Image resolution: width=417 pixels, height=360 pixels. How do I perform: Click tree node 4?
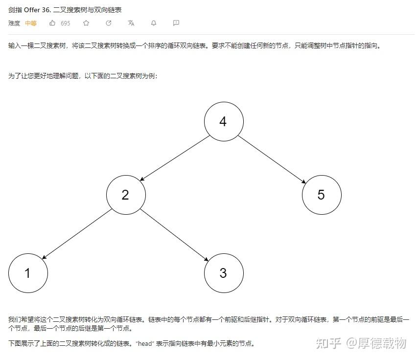(x=223, y=121)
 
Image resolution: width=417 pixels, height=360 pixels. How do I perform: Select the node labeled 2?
(x=126, y=195)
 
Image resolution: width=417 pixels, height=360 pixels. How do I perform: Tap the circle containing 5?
(x=321, y=195)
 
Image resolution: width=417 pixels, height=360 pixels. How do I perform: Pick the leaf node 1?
(x=28, y=273)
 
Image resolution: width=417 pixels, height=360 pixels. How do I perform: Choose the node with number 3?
(x=223, y=273)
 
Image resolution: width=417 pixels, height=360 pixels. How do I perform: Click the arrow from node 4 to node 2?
(x=174, y=158)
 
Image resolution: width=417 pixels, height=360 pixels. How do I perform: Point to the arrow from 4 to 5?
(x=272, y=158)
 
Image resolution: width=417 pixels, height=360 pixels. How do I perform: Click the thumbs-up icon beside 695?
(x=52, y=23)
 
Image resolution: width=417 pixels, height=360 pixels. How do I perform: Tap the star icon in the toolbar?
(x=86, y=23)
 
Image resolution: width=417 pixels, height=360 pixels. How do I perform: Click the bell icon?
(x=154, y=23)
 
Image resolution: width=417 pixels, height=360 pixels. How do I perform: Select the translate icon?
(x=131, y=23)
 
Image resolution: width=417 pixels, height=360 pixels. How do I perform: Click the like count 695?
(x=65, y=23)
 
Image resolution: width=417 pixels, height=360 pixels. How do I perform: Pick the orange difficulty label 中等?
(x=31, y=23)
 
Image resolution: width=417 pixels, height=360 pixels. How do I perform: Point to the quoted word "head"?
(x=145, y=343)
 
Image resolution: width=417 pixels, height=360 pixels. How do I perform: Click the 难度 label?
(x=14, y=23)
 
